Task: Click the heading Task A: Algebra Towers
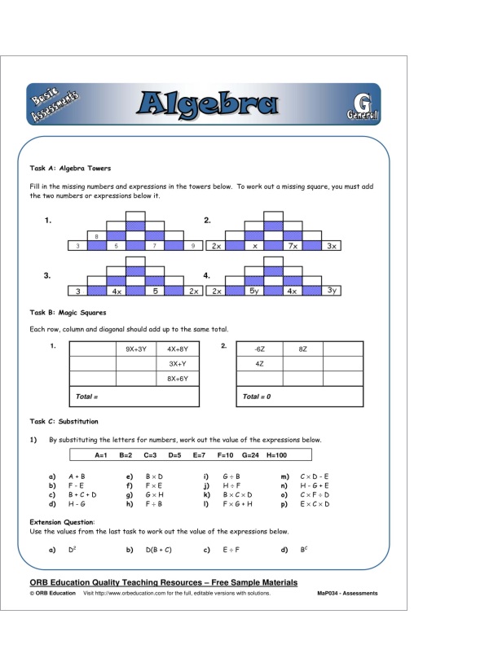(70, 169)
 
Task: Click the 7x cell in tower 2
(292, 245)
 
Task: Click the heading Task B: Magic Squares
(68, 312)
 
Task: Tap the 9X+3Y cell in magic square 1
(136, 349)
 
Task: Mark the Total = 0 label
(257, 397)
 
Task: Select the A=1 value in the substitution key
(102, 454)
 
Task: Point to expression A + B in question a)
(77, 476)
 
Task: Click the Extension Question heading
(62, 522)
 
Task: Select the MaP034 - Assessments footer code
(347, 594)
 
